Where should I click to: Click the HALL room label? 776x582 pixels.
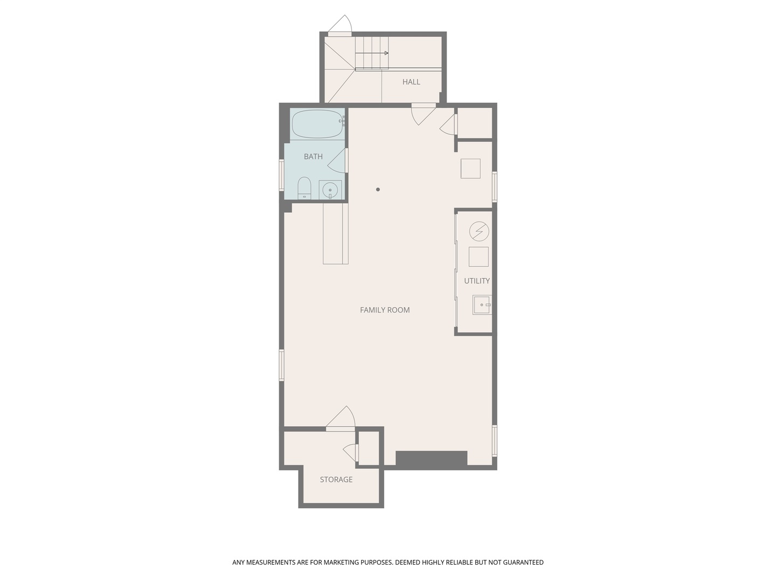[x=411, y=82]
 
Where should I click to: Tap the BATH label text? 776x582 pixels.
[x=313, y=156]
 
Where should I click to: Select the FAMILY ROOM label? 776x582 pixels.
[x=385, y=310]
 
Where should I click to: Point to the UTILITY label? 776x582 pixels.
[x=476, y=281]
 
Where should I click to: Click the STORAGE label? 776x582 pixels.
[x=336, y=480]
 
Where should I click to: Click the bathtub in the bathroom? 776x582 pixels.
[x=318, y=124]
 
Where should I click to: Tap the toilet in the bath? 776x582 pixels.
[x=304, y=189]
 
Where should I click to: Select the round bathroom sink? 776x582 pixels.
[x=330, y=190]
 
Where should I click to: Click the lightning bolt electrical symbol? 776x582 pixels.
[x=479, y=232]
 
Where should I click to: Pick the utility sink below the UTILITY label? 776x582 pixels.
[x=482, y=305]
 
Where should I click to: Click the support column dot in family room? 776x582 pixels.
[x=378, y=190]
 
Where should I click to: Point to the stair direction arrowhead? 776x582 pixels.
[x=386, y=53]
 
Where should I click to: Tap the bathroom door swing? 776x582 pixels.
[x=337, y=161]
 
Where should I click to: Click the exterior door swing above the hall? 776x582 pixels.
[x=340, y=25]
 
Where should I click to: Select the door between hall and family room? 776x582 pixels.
[x=424, y=114]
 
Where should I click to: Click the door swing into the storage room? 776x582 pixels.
[x=341, y=418]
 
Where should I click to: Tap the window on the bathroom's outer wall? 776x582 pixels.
[x=282, y=175]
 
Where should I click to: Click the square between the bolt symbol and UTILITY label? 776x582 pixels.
[x=479, y=257]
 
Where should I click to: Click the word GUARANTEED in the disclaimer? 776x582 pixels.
[x=523, y=562]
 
